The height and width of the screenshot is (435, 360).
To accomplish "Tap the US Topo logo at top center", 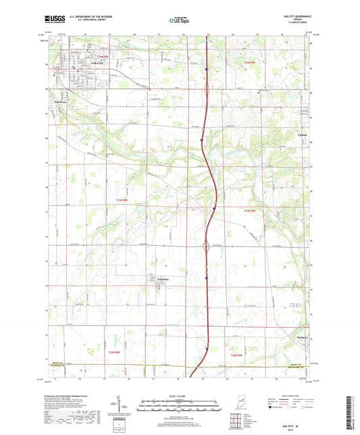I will pos(179,21).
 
